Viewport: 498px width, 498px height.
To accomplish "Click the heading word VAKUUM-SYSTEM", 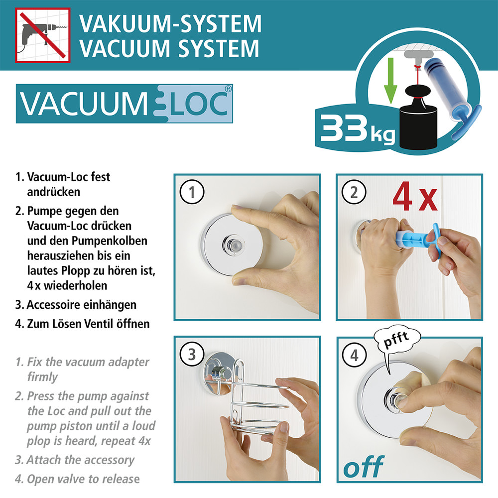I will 170,23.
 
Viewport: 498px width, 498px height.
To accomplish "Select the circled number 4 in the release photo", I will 354,356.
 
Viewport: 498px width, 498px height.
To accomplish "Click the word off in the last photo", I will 363,467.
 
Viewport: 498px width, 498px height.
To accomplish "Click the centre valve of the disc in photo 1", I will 232,245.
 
